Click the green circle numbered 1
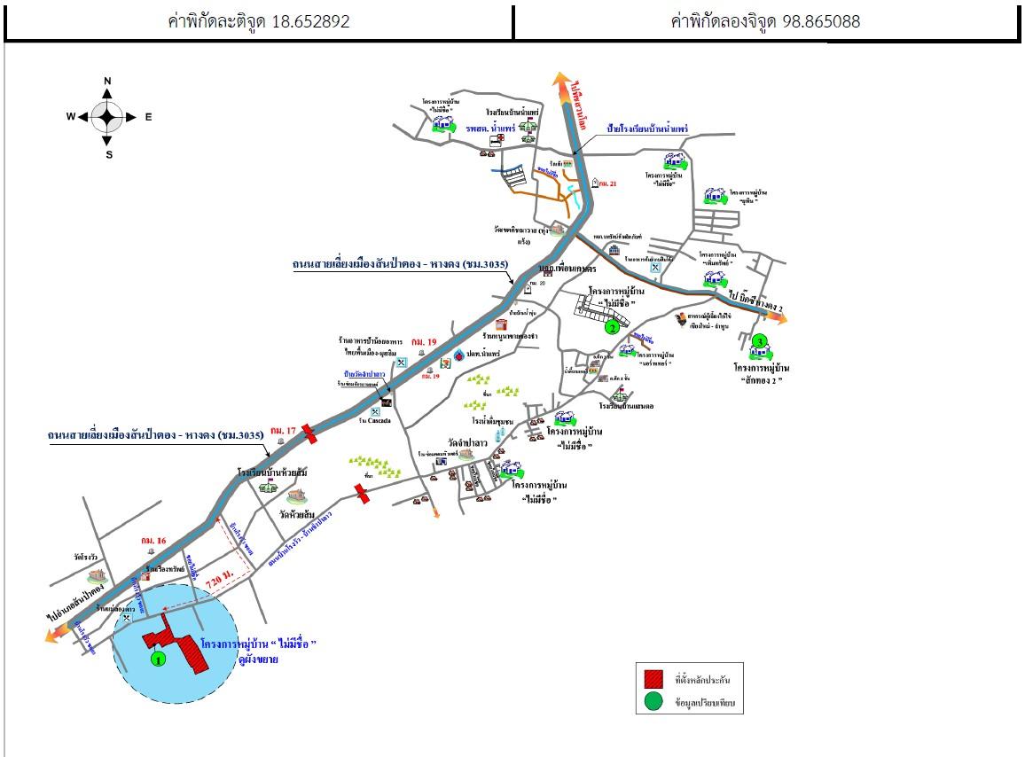158,659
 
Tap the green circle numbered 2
611,327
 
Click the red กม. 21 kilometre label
607,183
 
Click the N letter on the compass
107,82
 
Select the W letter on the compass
71,116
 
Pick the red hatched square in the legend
653,679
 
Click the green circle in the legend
653,703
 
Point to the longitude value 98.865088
821,22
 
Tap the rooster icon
681,316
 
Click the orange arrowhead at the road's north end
562,82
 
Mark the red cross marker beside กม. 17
309,432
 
